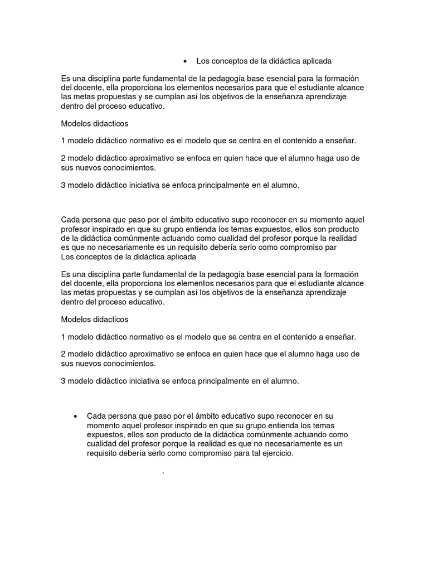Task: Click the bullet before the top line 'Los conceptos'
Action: pos(184,61)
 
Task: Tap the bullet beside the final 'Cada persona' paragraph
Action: pos(75,417)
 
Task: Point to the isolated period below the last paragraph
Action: pos(163,473)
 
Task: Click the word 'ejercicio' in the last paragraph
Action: pos(273,453)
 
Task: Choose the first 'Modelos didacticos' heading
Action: pos(94,123)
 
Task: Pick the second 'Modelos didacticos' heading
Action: pos(94,320)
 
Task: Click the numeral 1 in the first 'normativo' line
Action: pos(63,141)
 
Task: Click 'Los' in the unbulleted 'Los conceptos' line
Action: pos(67,257)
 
